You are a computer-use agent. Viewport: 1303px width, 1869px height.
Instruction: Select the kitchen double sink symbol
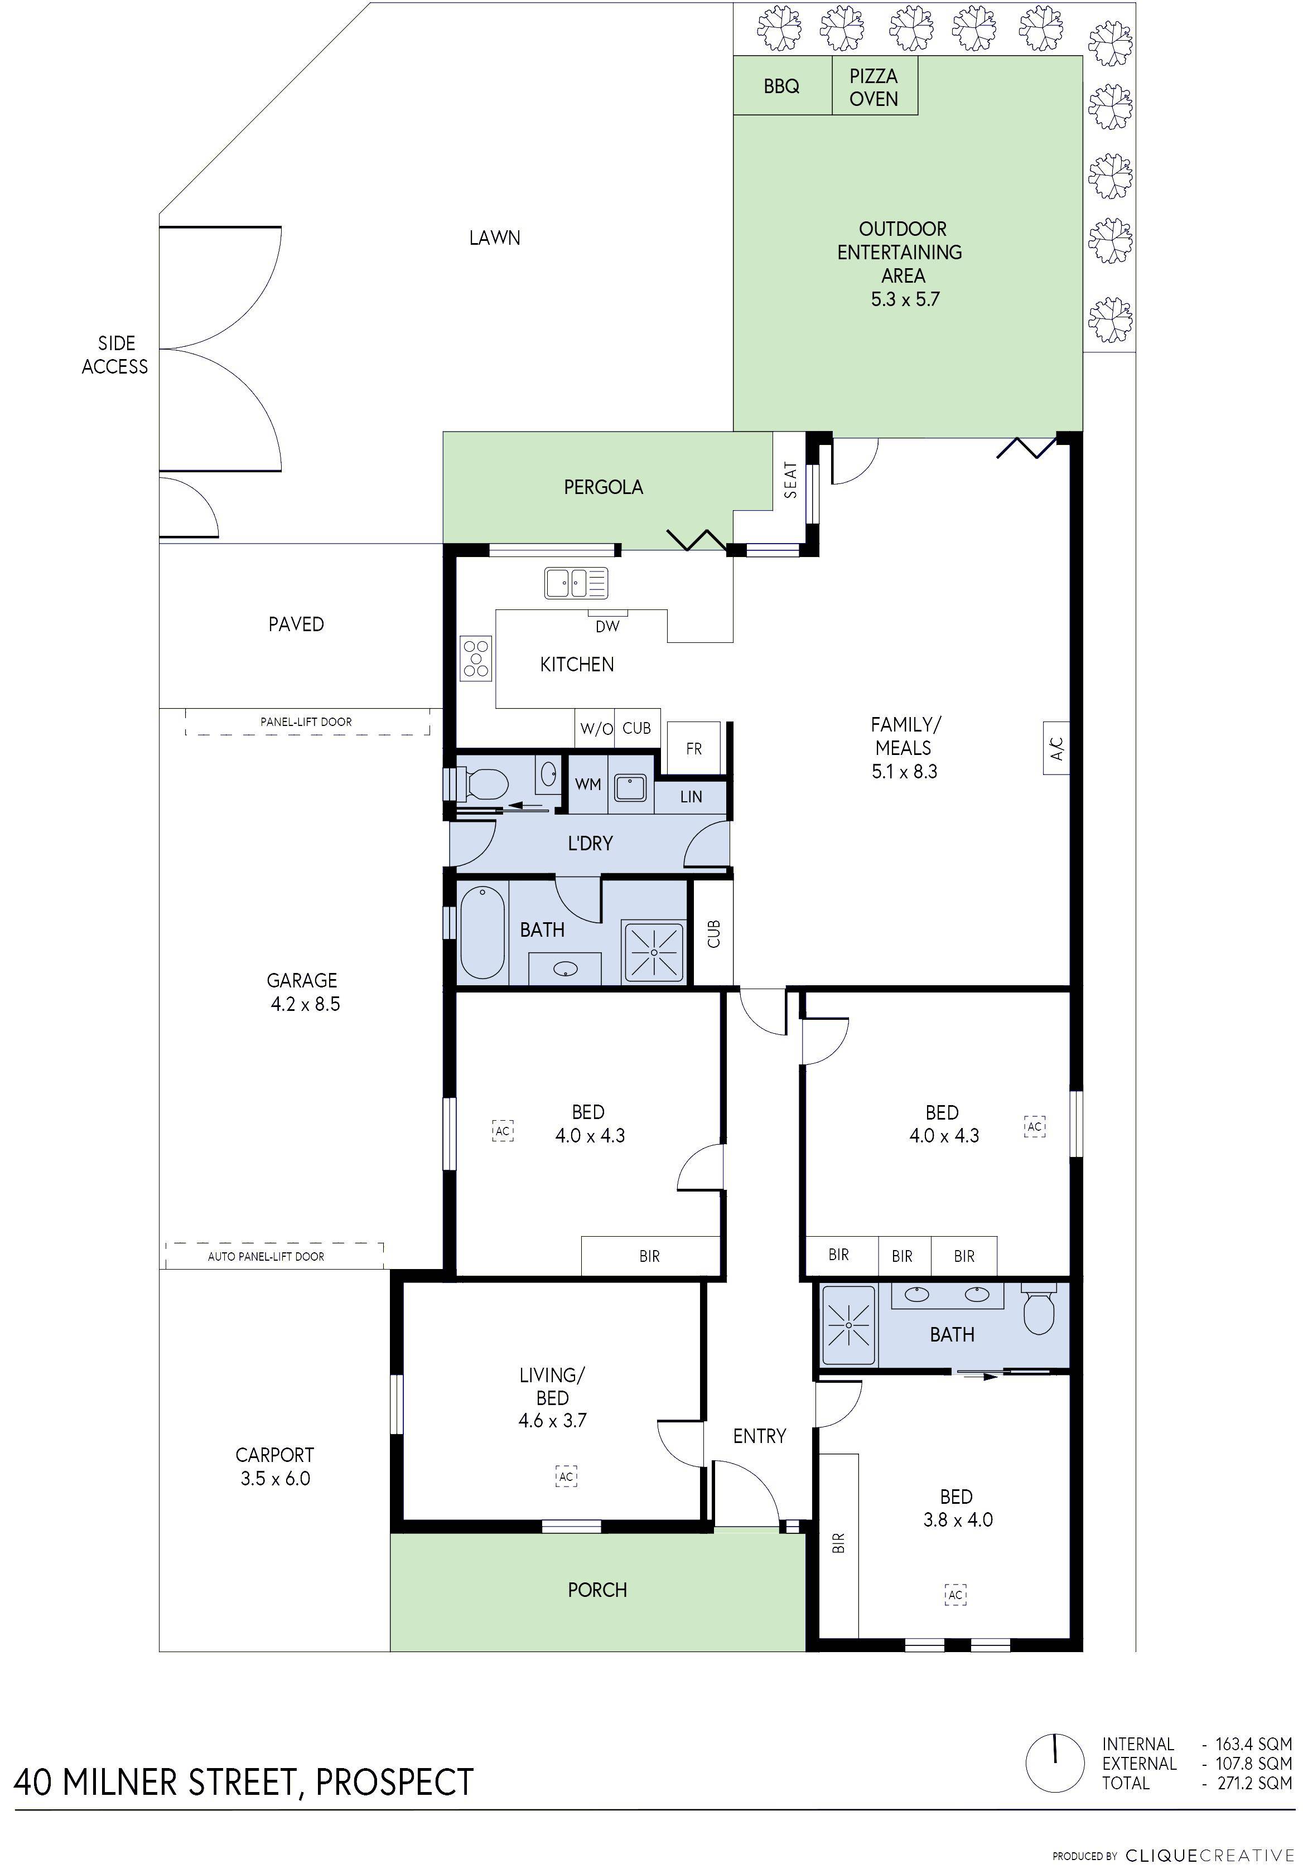coord(576,583)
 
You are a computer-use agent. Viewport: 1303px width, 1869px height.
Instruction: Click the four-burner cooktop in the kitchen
coord(476,658)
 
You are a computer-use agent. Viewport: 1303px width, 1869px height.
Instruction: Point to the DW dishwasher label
coord(607,626)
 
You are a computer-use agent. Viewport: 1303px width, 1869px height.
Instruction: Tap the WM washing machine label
coord(587,784)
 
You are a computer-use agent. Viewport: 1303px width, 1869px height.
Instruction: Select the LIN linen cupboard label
coord(691,797)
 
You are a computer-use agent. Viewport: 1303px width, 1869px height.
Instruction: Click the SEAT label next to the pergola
coord(790,480)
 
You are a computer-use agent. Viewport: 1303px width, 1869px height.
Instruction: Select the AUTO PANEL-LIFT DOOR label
coord(266,1256)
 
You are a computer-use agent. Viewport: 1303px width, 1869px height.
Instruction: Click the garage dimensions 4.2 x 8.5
coord(306,1004)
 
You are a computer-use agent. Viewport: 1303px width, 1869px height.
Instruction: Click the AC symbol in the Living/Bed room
coord(566,1476)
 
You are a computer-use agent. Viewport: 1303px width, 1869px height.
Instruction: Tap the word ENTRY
coord(759,1436)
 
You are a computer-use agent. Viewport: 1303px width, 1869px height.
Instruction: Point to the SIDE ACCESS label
coord(115,355)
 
